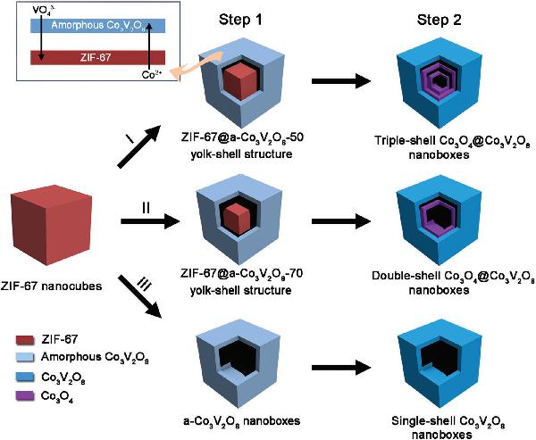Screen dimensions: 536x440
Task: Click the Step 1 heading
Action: coord(240,20)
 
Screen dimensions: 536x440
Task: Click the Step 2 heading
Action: coord(439,20)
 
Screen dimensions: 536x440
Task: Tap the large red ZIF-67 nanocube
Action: coord(51,225)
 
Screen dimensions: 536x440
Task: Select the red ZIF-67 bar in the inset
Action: coord(97,58)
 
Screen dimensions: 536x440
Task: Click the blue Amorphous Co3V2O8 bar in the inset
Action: coord(97,26)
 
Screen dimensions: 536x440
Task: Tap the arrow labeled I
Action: coord(139,146)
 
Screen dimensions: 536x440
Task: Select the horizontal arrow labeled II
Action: coord(150,221)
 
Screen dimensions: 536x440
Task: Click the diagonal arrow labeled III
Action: coord(140,297)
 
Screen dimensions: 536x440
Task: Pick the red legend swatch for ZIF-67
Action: coord(25,340)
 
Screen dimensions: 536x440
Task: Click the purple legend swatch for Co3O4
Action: coord(25,396)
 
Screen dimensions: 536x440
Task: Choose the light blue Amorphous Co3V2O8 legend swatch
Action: coord(25,358)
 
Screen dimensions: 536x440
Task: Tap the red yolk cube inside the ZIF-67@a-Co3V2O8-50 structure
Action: coord(239,80)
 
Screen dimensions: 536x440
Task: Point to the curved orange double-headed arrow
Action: coord(195,65)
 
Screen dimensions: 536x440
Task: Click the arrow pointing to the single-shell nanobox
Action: coord(341,368)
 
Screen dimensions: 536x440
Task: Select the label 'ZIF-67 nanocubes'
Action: coord(51,286)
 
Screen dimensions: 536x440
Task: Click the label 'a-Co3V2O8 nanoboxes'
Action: coord(242,421)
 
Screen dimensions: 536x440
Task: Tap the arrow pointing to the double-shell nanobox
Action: coord(341,221)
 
